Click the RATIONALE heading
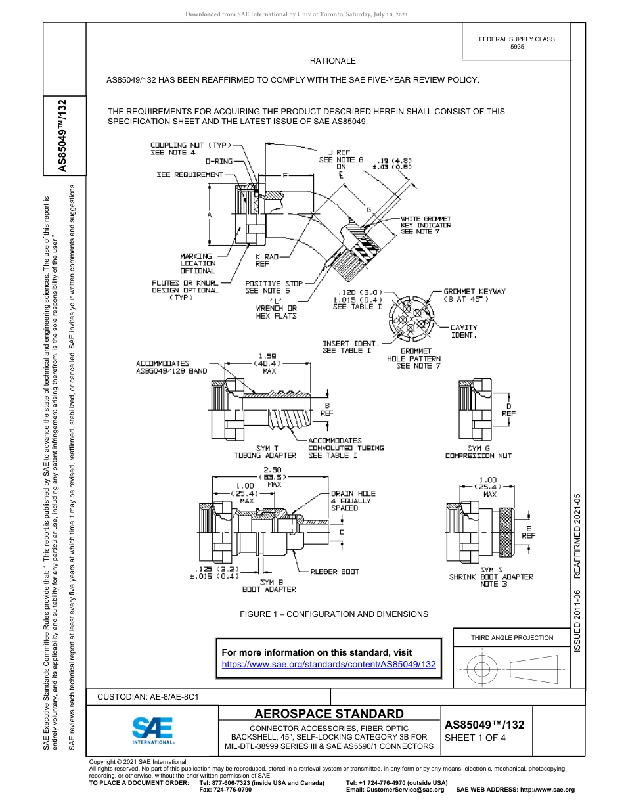pyautogui.click(x=332, y=61)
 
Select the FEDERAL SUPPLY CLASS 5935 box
pyautogui.click(x=516, y=43)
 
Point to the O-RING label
pyautogui.click(x=219, y=161)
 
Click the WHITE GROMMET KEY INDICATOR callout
pyautogui.click(x=426, y=225)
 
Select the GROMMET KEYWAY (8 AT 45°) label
pyautogui.click(x=474, y=295)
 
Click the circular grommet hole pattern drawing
pyautogui.click(x=412, y=319)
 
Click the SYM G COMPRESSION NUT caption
pyautogui.click(x=478, y=451)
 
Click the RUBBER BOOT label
pyautogui.click(x=334, y=572)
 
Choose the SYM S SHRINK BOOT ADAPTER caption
pyautogui.click(x=491, y=577)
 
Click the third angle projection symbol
pyautogui.click(x=512, y=669)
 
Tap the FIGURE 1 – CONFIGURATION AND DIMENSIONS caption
pyautogui.click(x=334, y=614)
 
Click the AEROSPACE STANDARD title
pyautogui.click(x=329, y=714)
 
